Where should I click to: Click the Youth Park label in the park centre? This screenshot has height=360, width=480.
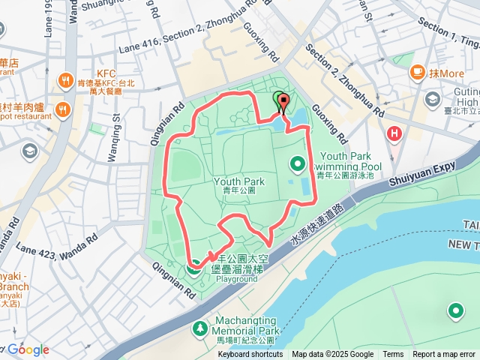[x=239, y=181]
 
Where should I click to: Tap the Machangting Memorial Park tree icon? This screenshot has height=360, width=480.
[x=199, y=328]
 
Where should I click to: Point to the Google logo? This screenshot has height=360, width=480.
[x=28, y=349]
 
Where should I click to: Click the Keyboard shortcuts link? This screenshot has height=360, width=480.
[x=250, y=355]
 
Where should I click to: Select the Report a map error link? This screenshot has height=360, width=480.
[x=444, y=355]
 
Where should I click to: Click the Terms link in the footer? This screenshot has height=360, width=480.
[x=393, y=355]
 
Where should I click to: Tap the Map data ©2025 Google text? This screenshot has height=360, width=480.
[x=332, y=355]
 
